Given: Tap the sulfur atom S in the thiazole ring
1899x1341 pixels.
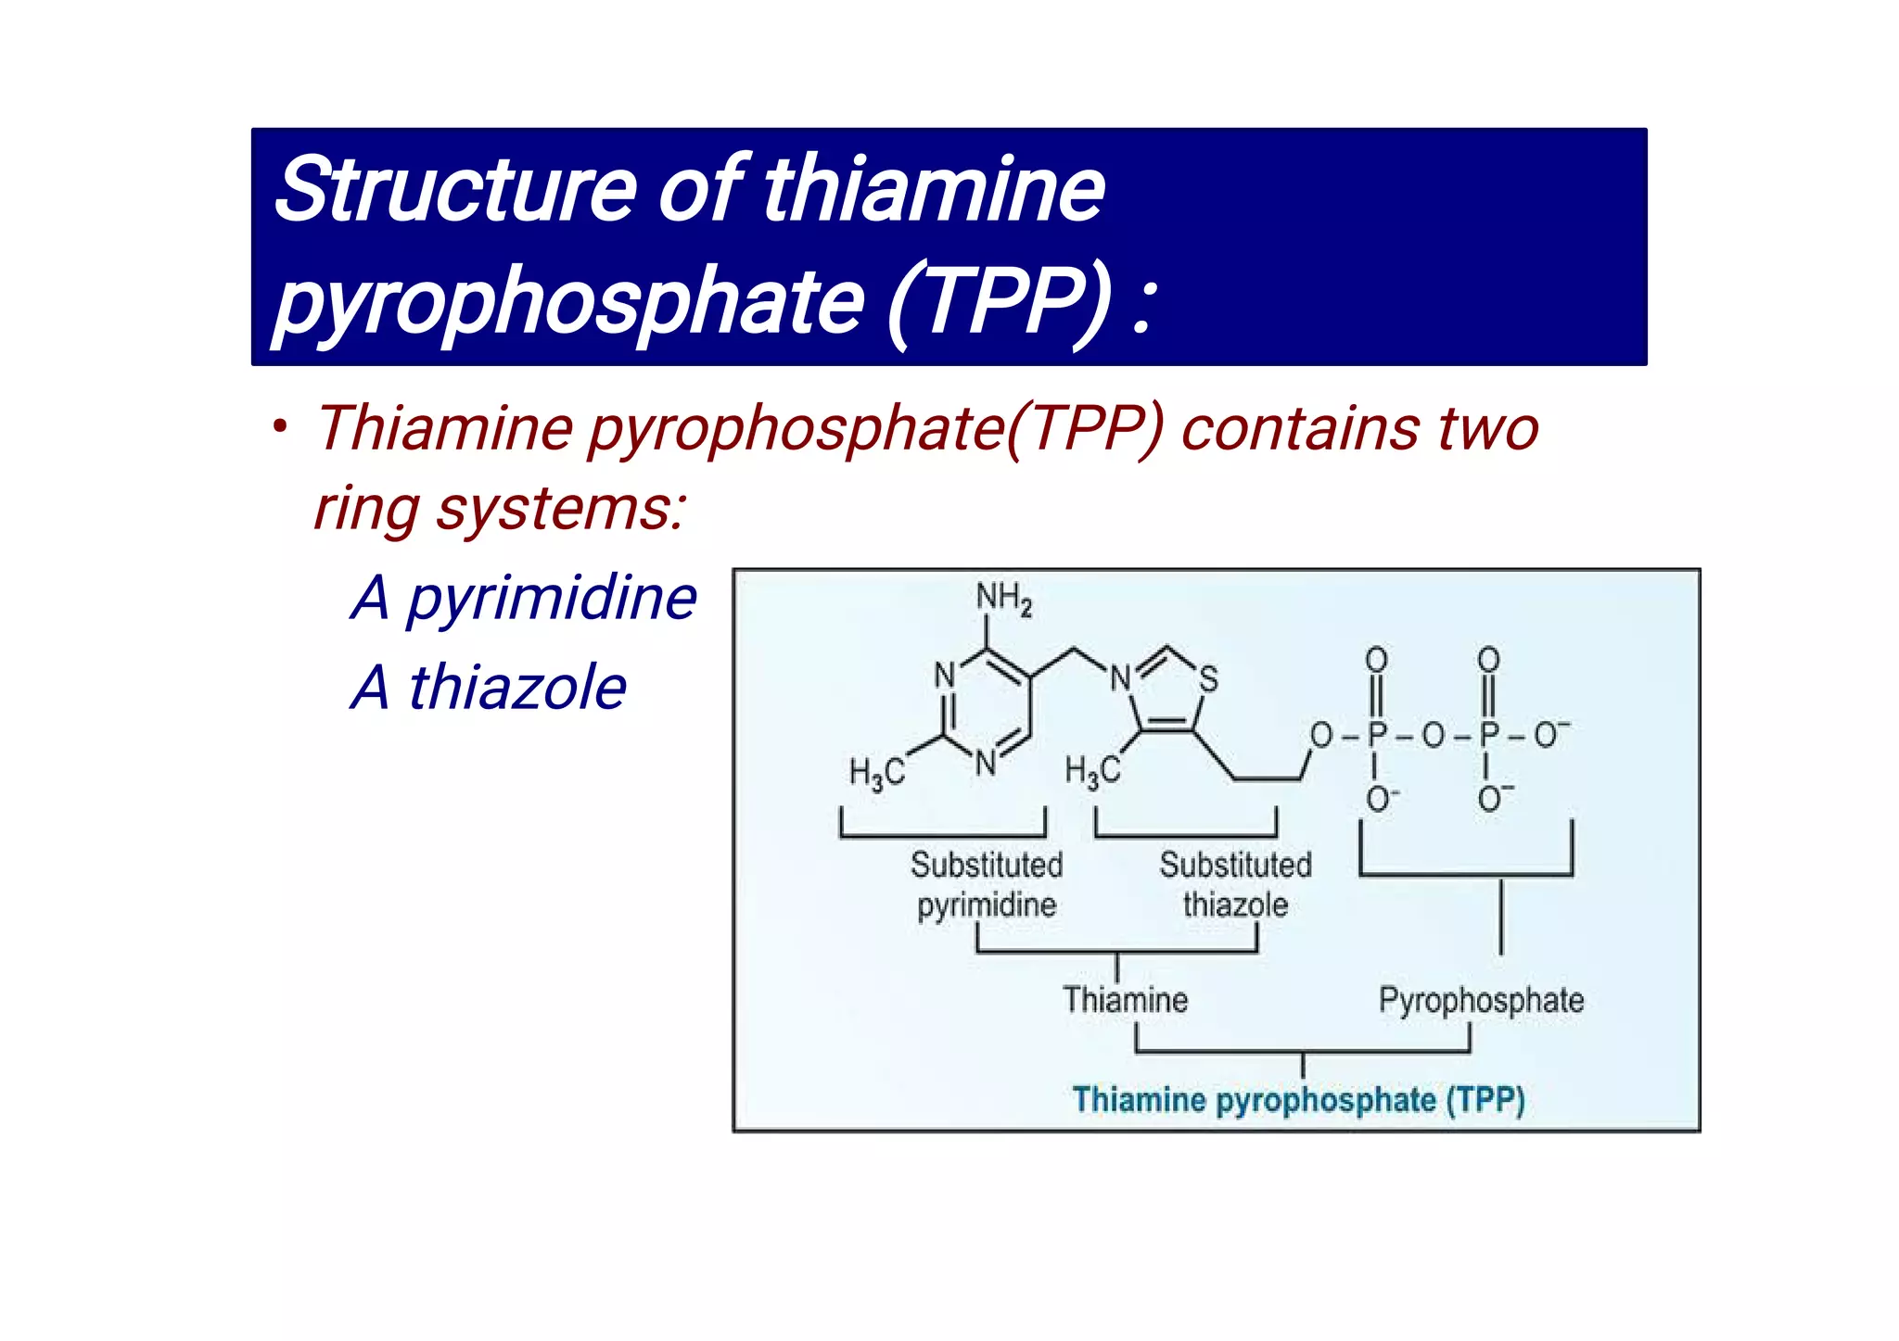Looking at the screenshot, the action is pyautogui.click(x=1207, y=678).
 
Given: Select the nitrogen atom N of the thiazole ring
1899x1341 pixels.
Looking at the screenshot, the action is pyautogui.click(x=1121, y=678).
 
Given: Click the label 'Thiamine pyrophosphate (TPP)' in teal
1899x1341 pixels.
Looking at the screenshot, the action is pyautogui.click(x=1298, y=1100).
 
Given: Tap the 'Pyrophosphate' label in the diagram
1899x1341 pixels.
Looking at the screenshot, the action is pyautogui.click(x=1481, y=1000).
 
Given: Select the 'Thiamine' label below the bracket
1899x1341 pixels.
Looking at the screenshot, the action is pyautogui.click(x=1125, y=1000).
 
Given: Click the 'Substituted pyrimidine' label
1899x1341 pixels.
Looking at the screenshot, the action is pyautogui.click(x=987, y=884).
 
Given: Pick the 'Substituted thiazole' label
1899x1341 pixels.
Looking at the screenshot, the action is pyautogui.click(x=1235, y=884).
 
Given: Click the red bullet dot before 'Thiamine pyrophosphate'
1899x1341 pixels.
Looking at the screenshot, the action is pyautogui.click(x=280, y=428).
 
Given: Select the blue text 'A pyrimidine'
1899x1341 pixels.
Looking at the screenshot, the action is pyautogui.click(x=524, y=598).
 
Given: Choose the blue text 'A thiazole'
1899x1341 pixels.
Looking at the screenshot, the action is pyautogui.click(x=489, y=688).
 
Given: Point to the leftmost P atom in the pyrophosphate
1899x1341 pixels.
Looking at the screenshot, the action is pyautogui.click(x=1377, y=735).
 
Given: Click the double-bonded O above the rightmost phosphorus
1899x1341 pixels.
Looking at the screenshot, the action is pyautogui.click(x=1488, y=660).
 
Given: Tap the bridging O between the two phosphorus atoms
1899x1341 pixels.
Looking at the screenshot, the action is pyautogui.click(x=1434, y=736).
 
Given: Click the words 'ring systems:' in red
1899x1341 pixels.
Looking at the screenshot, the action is pyautogui.click(x=500, y=509).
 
